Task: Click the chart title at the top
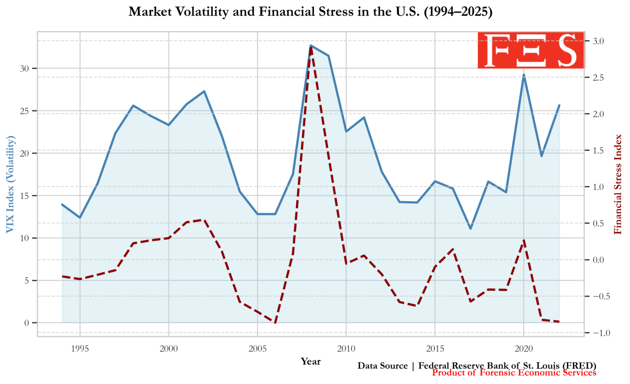(x=310, y=11)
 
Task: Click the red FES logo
(x=531, y=50)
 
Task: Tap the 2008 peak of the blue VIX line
(x=311, y=45)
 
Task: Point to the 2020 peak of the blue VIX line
(x=524, y=75)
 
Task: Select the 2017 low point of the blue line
(x=470, y=228)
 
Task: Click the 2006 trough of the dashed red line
(x=275, y=323)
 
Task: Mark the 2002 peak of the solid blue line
(x=204, y=91)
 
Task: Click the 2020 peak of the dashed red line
(x=524, y=241)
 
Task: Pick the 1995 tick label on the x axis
(x=80, y=349)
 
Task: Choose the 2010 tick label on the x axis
(x=346, y=349)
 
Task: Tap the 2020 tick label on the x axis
(x=524, y=349)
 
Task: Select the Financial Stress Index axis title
(x=618, y=184)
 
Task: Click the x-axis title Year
(x=310, y=361)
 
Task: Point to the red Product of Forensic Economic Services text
(x=514, y=373)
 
